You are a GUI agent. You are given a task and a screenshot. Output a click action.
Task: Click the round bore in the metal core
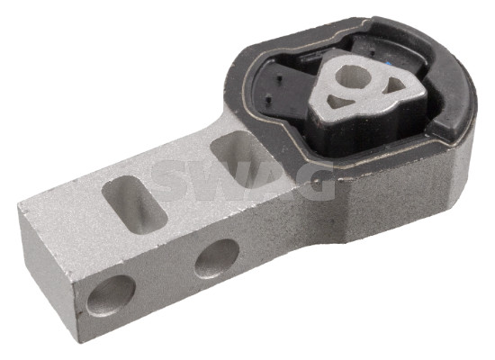coord(352,76)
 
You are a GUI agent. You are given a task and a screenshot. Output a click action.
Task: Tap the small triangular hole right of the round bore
coord(393,85)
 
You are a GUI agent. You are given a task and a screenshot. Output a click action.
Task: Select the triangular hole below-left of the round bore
coord(340,101)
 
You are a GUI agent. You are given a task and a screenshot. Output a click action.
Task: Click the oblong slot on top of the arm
coord(134,204)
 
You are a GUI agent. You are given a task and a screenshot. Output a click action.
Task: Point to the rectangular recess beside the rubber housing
coord(240,157)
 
